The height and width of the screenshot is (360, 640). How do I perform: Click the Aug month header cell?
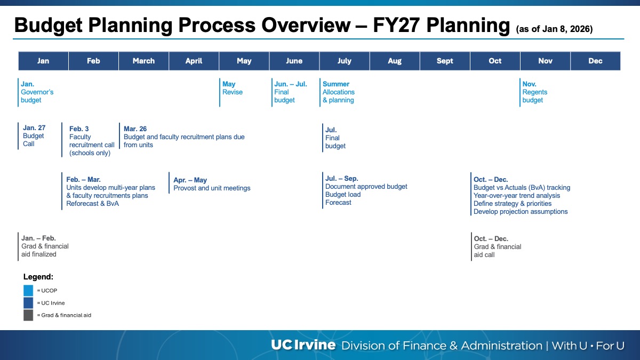[395, 61]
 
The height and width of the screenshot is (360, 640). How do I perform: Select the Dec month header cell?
[595, 61]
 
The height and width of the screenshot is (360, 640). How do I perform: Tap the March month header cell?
[143, 61]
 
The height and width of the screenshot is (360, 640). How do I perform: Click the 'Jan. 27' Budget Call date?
[34, 128]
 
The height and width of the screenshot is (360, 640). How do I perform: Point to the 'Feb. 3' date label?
[79, 129]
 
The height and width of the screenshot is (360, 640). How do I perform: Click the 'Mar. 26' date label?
[135, 129]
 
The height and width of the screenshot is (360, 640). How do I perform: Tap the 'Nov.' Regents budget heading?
[529, 84]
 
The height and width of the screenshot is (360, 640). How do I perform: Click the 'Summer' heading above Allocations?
[336, 84]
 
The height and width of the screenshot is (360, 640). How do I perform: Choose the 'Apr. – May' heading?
[190, 180]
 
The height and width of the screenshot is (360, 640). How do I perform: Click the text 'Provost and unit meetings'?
[212, 188]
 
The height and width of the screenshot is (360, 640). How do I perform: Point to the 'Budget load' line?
[343, 195]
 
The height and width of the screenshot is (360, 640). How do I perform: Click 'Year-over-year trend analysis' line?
[517, 196]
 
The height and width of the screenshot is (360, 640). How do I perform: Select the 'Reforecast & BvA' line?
[93, 204]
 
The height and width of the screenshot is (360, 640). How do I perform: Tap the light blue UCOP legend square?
[28, 291]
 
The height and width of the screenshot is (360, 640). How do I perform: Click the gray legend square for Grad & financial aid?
[28, 315]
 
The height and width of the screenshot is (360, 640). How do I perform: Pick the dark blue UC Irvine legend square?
[28, 303]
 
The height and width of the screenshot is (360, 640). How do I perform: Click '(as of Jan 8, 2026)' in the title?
[554, 29]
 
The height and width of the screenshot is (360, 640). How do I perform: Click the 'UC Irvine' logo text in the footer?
[303, 345]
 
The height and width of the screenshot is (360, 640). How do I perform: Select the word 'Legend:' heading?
[38, 277]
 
